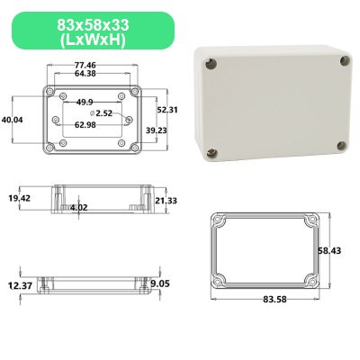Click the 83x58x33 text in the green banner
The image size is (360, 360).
[89, 23]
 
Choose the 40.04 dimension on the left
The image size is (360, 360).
[13, 119]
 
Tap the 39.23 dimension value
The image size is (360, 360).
[157, 130]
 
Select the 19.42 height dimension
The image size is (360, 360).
[20, 197]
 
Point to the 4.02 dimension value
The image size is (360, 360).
[79, 207]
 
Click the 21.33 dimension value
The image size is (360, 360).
[166, 202]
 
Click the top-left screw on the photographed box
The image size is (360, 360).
[209, 64]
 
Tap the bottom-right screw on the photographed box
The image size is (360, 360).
[340, 147]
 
